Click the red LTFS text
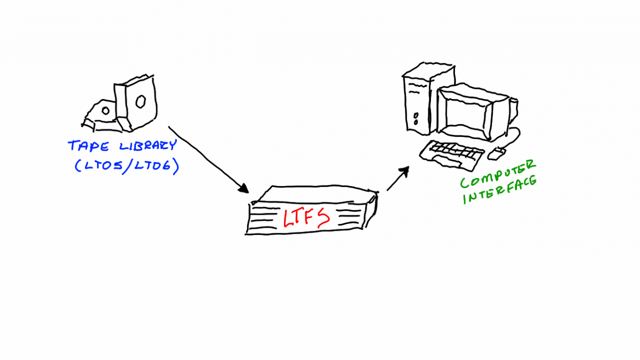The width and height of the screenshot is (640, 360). (306, 217)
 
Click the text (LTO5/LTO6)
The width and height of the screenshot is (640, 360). (126, 166)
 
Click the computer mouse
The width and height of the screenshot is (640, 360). (497, 153)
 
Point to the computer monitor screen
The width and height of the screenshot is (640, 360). (463, 113)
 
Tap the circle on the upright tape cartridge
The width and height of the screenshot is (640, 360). (140, 102)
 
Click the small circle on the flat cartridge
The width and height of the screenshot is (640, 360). (106, 110)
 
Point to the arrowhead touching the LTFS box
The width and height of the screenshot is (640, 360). (243, 188)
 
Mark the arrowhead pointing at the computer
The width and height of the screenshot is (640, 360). (404, 171)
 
